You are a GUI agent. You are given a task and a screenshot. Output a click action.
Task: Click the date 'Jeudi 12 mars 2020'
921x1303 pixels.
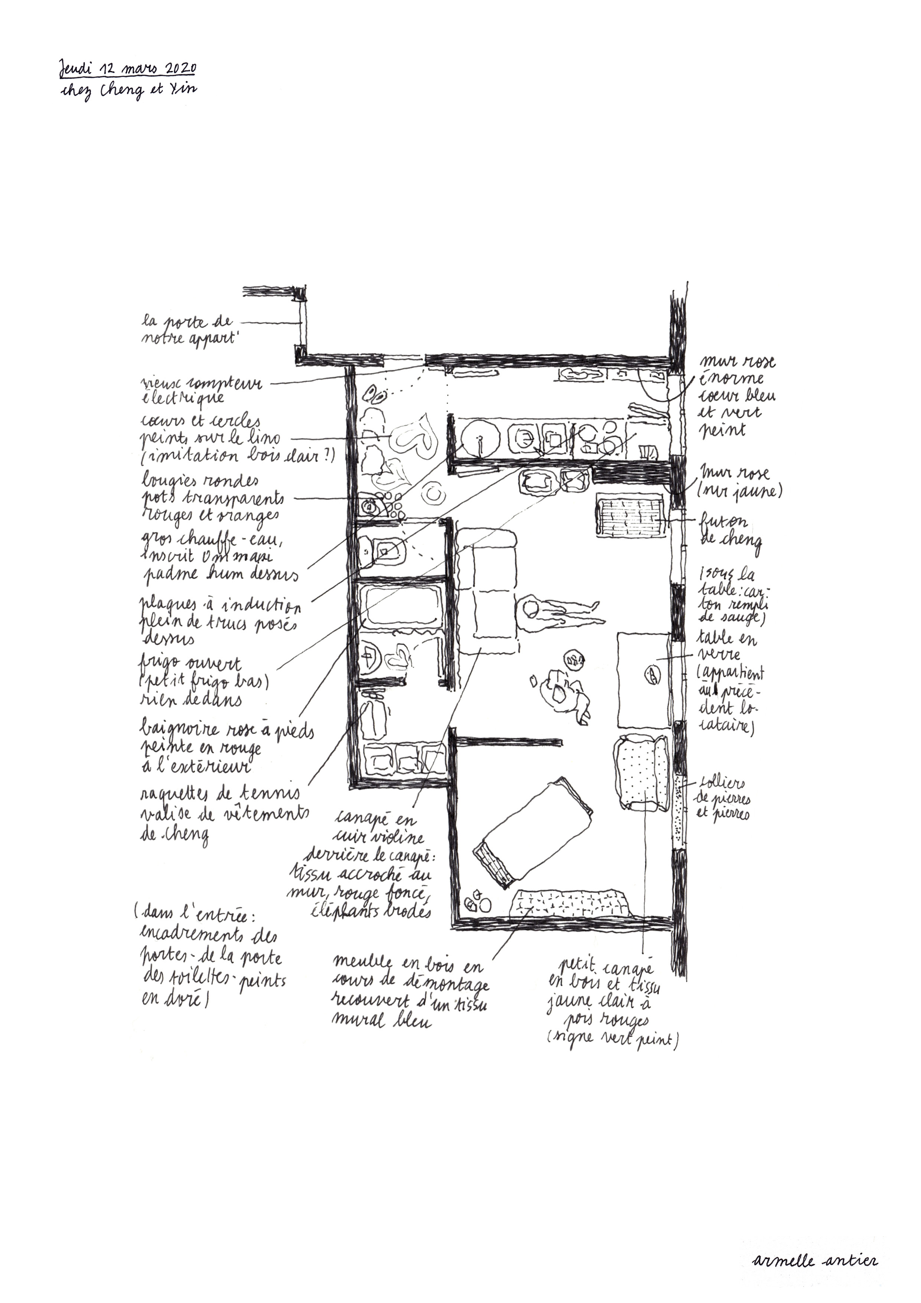point(128,69)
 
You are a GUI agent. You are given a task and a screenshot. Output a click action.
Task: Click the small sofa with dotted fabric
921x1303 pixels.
point(641,772)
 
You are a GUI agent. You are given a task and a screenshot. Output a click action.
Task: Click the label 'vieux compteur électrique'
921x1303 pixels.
point(201,390)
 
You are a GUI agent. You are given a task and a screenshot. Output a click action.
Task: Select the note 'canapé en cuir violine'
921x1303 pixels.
point(376,828)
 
